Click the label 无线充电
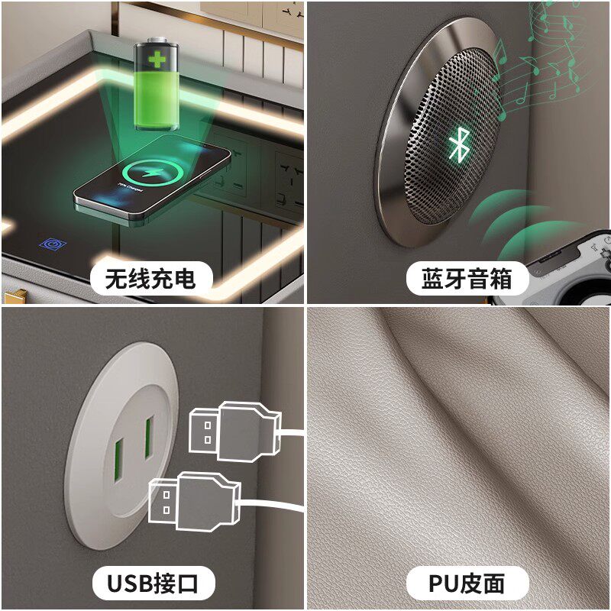pyautogui.click(x=150, y=279)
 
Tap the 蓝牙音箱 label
pyautogui.click(x=467, y=279)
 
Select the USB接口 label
pyautogui.click(x=154, y=584)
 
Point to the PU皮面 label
pyautogui.click(x=467, y=584)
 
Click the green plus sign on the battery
pyautogui.click(x=157, y=60)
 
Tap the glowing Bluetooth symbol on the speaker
pyautogui.click(x=459, y=144)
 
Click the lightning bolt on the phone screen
pyautogui.click(x=152, y=172)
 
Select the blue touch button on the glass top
pyautogui.click(x=53, y=244)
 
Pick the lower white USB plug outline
pyautogui.click(x=194, y=502)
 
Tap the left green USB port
pyautogui.click(x=118, y=460)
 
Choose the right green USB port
pyautogui.click(x=149, y=437)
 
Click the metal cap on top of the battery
pyautogui.click(x=157, y=40)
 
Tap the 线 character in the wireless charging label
pyautogui.click(x=139, y=279)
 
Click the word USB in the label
pyautogui.click(x=130, y=584)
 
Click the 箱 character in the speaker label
pyautogui.click(x=501, y=279)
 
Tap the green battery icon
pyautogui.click(x=157, y=84)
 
